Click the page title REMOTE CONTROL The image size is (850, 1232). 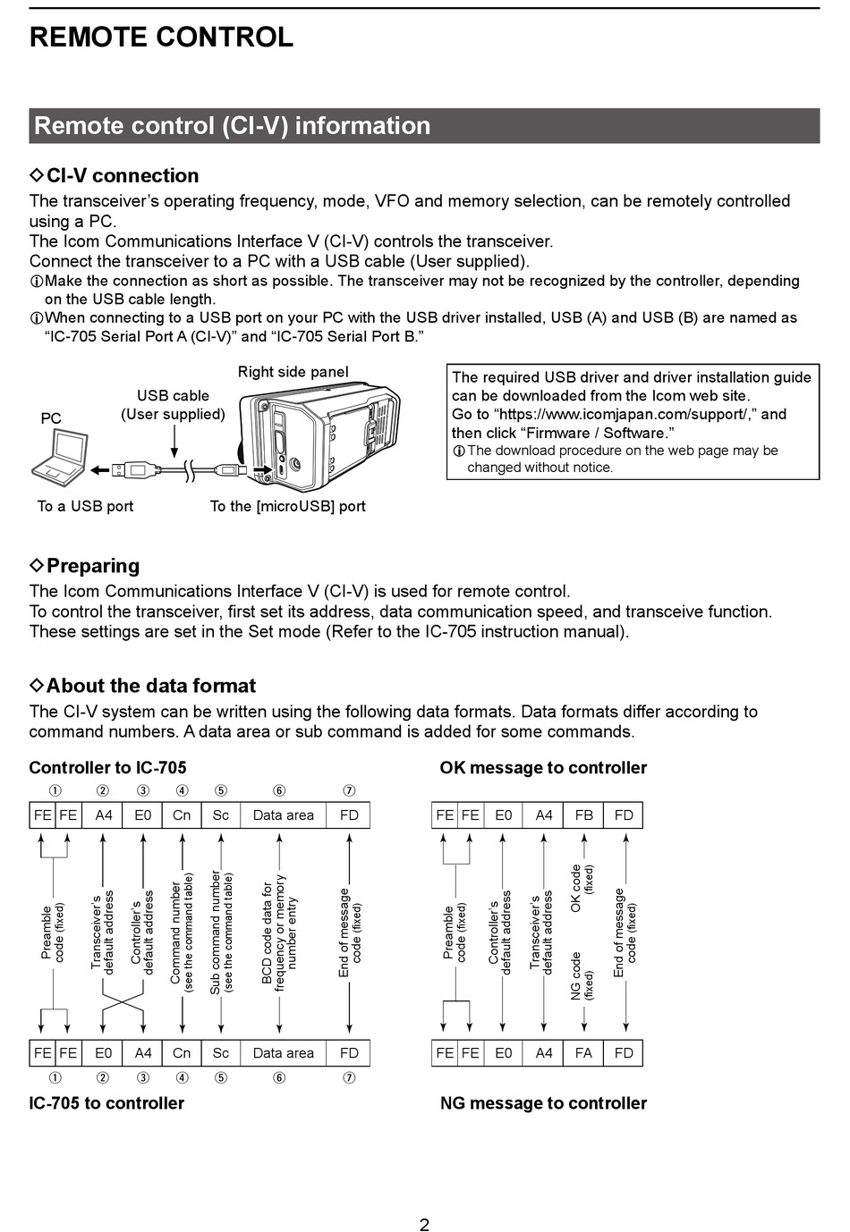161,37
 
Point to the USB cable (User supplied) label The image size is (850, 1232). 173,405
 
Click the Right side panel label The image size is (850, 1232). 293,372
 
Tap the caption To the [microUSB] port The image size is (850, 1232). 287,506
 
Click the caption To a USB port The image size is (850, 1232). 85,506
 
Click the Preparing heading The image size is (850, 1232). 92,565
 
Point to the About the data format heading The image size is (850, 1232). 150,686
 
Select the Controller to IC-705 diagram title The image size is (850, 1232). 107,767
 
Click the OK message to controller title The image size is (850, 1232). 543,767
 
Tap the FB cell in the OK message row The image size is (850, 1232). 584,814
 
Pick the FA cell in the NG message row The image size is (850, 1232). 584,1052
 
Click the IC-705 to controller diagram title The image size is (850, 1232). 106,1102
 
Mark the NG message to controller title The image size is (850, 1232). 543,1102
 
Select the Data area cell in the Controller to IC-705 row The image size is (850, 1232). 283,814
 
